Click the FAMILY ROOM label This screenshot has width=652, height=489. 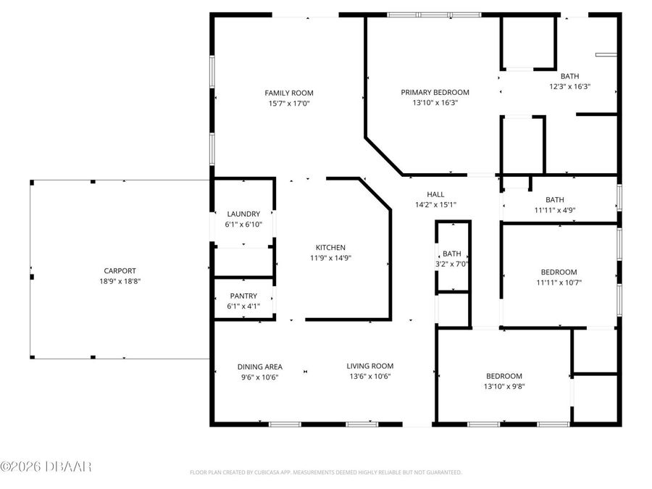pos(288,93)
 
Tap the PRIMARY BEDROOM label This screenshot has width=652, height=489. pos(435,92)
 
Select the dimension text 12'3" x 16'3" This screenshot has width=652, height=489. pos(569,86)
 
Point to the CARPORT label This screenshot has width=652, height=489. pos(120,271)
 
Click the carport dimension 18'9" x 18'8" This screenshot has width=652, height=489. pos(120,281)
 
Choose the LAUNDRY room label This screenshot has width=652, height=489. pos(243,214)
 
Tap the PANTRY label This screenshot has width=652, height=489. pos(243,296)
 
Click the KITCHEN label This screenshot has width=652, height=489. pos(330,247)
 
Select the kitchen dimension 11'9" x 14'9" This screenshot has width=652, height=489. pos(330,258)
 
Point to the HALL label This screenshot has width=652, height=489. pos(435,194)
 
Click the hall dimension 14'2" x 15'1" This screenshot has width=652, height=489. pos(435,204)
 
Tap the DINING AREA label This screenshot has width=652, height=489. pos(259,367)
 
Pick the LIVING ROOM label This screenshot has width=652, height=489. pos(369,366)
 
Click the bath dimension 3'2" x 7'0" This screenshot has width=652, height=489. pos(452,264)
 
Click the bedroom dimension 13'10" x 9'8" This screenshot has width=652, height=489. pos(503,386)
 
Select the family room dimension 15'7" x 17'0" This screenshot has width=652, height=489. pos(288,103)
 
